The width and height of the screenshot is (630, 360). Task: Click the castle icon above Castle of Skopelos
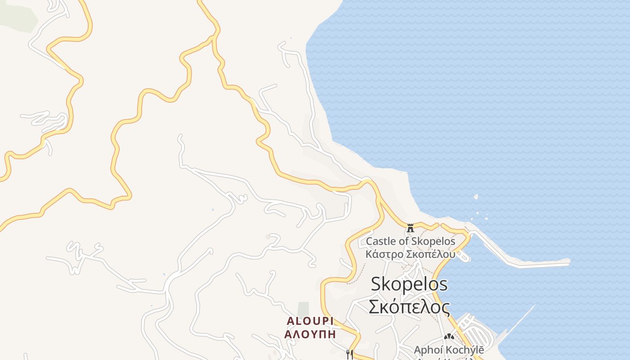point(410,228)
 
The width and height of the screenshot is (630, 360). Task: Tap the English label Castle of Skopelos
point(410,241)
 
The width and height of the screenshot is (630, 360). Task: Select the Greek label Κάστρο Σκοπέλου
point(410,254)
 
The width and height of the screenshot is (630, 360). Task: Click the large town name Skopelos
point(409,284)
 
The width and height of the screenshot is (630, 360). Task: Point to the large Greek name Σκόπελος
point(409,307)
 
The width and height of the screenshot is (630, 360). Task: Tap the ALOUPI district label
point(310,321)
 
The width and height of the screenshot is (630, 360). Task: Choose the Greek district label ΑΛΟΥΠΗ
point(310,334)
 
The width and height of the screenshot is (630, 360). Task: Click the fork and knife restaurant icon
point(349,354)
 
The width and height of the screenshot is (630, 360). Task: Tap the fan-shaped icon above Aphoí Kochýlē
point(449,336)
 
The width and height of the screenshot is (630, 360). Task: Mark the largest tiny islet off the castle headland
point(476,197)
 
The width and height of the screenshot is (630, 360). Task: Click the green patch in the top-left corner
point(18,16)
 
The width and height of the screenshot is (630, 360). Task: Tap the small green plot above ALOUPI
point(303,308)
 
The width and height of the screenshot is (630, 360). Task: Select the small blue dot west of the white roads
point(212,209)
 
